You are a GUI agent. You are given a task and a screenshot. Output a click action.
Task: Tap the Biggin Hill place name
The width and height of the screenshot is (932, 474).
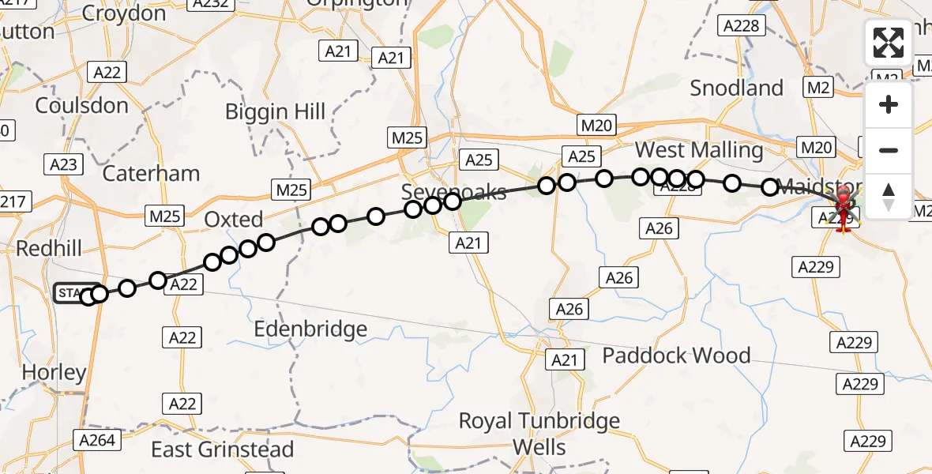point(275,111)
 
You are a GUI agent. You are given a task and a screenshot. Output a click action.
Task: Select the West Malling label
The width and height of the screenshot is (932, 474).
point(699,150)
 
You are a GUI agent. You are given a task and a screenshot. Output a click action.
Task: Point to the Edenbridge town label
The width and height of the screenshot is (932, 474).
point(310,329)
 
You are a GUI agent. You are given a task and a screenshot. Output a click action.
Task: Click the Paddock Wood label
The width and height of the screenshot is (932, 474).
point(676,355)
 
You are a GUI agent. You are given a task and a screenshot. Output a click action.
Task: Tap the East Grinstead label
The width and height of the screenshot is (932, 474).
point(222,450)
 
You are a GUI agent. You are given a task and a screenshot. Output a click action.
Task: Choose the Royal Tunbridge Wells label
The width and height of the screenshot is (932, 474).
point(539,434)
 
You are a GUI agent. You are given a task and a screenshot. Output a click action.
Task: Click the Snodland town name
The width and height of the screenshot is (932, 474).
point(736,88)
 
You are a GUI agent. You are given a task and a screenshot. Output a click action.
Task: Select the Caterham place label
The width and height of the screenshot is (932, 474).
point(151,173)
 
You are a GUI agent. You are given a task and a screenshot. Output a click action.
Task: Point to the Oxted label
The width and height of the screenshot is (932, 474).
point(234,219)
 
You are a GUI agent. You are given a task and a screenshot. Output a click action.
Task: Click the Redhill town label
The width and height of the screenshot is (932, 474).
point(49,249)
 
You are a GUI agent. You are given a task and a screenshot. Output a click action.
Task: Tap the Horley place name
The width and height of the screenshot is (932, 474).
point(54,373)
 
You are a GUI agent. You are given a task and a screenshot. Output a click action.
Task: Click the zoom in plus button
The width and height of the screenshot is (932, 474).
point(889,104)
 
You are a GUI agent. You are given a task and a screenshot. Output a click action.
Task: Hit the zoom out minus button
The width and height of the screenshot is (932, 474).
point(889,150)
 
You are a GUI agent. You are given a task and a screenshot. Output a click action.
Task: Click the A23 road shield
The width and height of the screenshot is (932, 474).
point(65,164)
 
